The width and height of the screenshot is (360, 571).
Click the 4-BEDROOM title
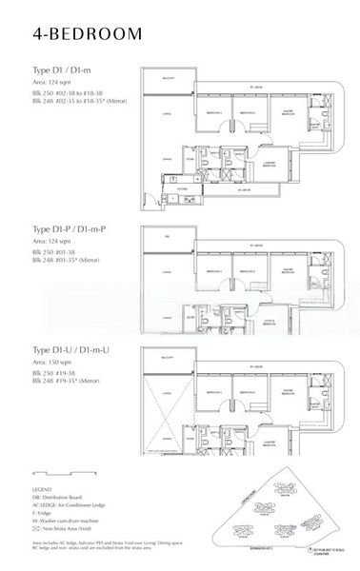85,34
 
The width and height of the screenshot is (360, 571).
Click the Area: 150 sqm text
53,363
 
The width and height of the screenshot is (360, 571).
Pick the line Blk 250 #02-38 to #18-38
71,89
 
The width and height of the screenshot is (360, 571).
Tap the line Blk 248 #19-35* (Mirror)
68,380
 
